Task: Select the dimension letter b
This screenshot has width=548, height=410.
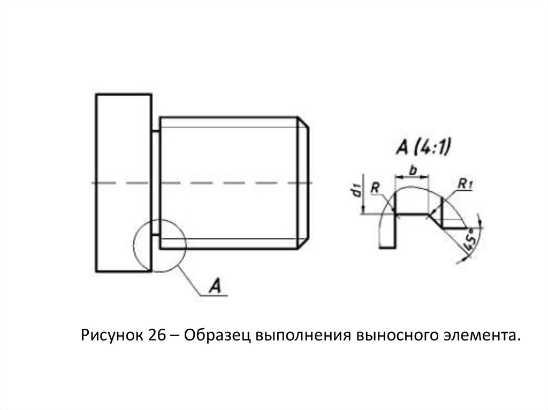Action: coord(413,169)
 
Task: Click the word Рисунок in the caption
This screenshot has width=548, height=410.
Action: coord(110,336)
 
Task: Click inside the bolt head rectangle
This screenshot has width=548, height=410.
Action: coord(123,182)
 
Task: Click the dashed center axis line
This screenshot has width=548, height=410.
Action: coord(225,183)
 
